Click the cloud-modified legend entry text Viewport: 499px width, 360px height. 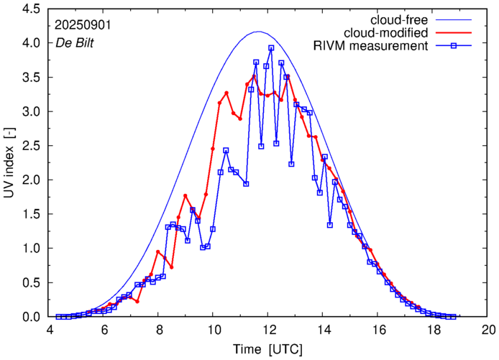[x=388, y=33]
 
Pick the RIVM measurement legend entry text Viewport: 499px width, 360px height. [x=371, y=47]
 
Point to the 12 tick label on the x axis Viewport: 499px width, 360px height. [x=269, y=331]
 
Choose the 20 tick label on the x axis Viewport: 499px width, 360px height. [x=488, y=331]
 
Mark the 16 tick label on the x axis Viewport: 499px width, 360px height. [x=379, y=331]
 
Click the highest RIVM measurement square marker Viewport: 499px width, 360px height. [x=271, y=48]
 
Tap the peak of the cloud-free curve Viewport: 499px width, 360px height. [x=260, y=32]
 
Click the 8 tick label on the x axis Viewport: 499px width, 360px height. [x=159, y=331]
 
